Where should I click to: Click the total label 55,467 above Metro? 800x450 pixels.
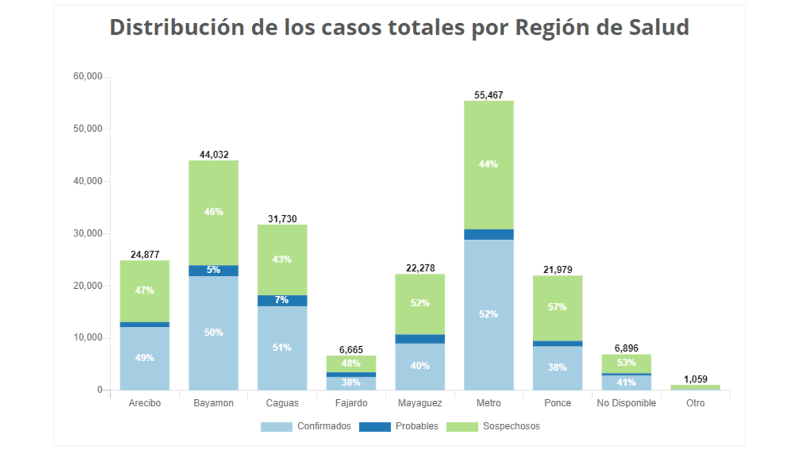(489, 95)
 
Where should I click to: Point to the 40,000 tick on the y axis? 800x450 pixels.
(87, 181)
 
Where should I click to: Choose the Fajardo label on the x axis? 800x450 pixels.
(351, 403)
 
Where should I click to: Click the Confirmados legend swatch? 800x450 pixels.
(276, 427)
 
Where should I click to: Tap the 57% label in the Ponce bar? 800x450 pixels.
(557, 307)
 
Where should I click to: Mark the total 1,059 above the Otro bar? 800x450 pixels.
(695, 379)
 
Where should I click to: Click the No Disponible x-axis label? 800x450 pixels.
(626, 403)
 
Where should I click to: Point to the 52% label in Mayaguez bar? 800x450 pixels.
(420, 303)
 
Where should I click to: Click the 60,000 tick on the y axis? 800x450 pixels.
(87, 77)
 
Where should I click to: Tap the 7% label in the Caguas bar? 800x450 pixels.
(282, 300)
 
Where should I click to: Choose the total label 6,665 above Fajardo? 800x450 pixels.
(351, 350)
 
